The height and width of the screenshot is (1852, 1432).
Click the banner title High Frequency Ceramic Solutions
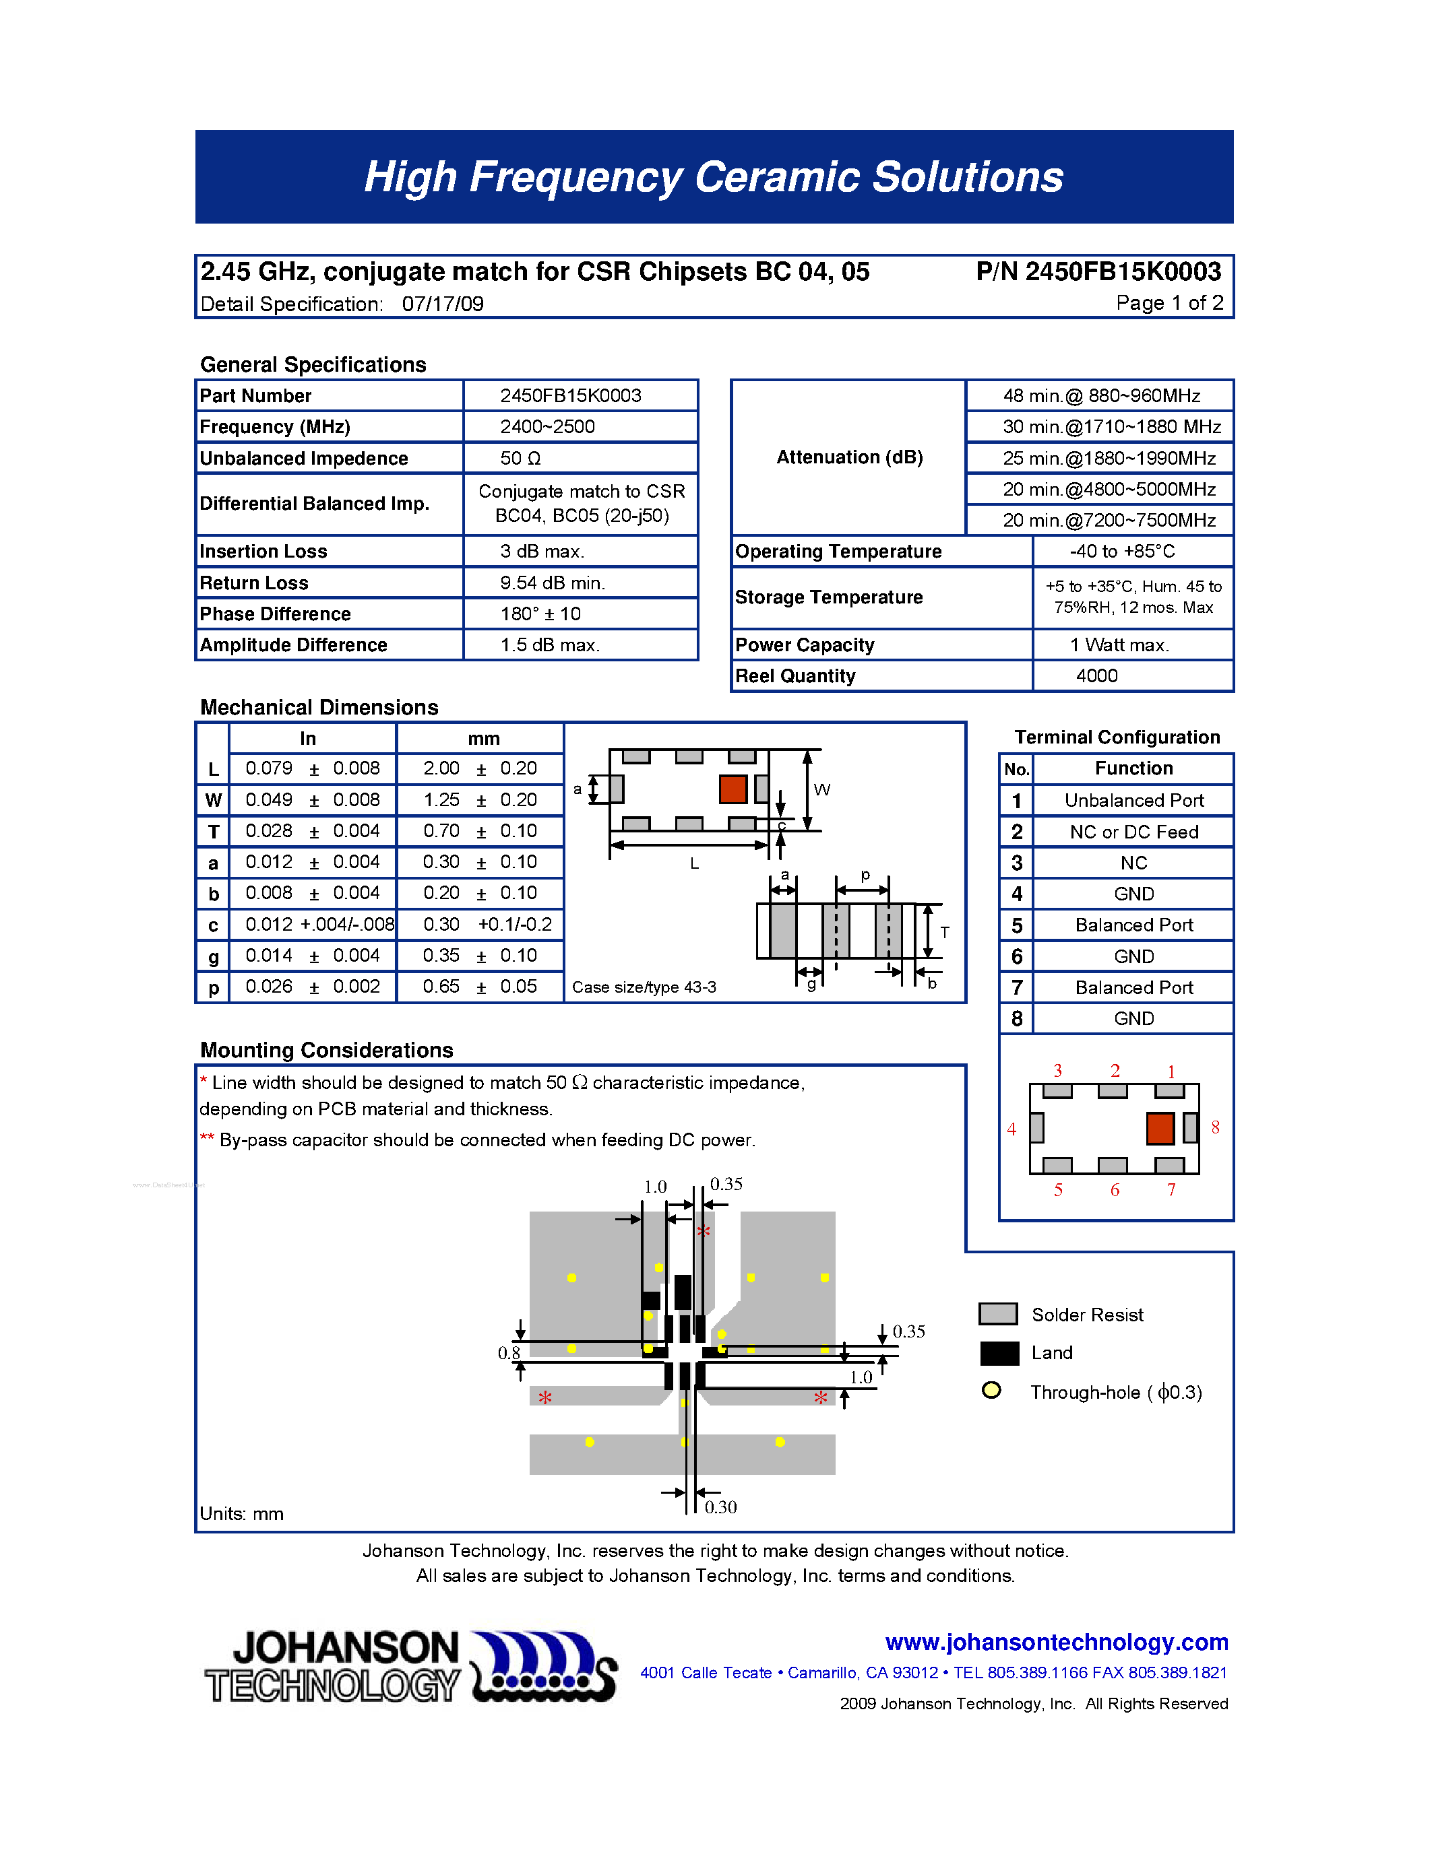[x=714, y=177]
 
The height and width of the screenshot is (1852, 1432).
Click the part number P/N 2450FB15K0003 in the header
[x=1098, y=271]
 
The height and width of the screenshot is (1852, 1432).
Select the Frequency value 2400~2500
[x=547, y=426]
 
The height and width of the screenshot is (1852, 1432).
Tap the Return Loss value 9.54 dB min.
[x=553, y=583]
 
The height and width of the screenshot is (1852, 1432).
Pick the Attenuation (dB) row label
[x=849, y=457]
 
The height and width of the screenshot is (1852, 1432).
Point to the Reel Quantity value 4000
[x=1097, y=676]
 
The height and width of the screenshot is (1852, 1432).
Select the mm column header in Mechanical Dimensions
[x=484, y=739]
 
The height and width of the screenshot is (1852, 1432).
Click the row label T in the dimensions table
[x=214, y=832]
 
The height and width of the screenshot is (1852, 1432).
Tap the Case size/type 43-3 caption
[x=644, y=987]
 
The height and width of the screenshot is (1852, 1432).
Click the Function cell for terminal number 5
[x=1133, y=925]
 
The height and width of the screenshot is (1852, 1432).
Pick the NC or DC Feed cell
[x=1133, y=832]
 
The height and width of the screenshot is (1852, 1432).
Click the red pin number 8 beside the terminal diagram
[x=1215, y=1127]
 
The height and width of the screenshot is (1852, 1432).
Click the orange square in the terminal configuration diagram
[x=1160, y=1128]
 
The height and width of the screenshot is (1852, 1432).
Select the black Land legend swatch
[x=999, y=1354]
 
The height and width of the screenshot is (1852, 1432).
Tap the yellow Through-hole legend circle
[x=991, y=1391]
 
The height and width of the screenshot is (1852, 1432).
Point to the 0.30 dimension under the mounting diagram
[x=720, y=1507]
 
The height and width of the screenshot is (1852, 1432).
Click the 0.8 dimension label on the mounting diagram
[x=509, y=1352]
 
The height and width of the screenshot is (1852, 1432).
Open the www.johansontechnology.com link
[x=1056, y=1642]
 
